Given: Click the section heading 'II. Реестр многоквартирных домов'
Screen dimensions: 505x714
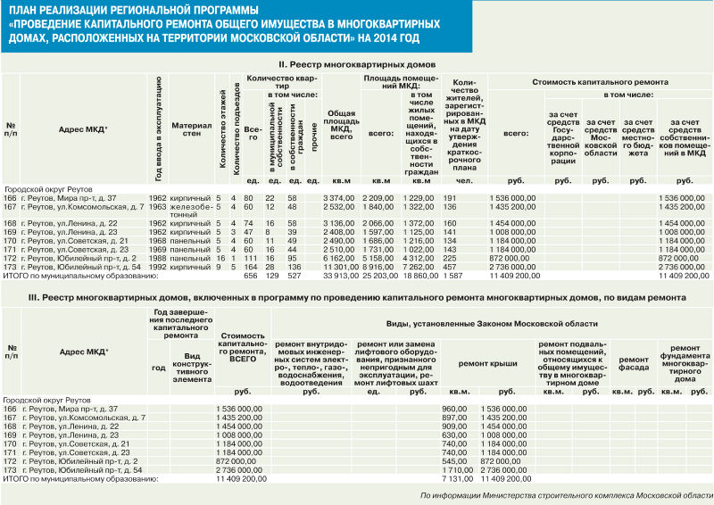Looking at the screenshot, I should coord(356,65).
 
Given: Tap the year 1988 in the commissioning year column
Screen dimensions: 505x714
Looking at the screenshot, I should coord(157,258).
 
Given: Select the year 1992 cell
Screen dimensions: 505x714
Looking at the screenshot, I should coord(157,267).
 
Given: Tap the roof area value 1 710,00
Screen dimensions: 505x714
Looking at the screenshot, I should coord(456,468).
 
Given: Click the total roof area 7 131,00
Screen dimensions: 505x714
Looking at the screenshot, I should coord(456,478).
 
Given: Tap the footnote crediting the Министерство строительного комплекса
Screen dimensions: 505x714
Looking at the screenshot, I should coord(567,495).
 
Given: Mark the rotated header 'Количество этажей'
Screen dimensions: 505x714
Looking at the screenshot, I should coord(220,129).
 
